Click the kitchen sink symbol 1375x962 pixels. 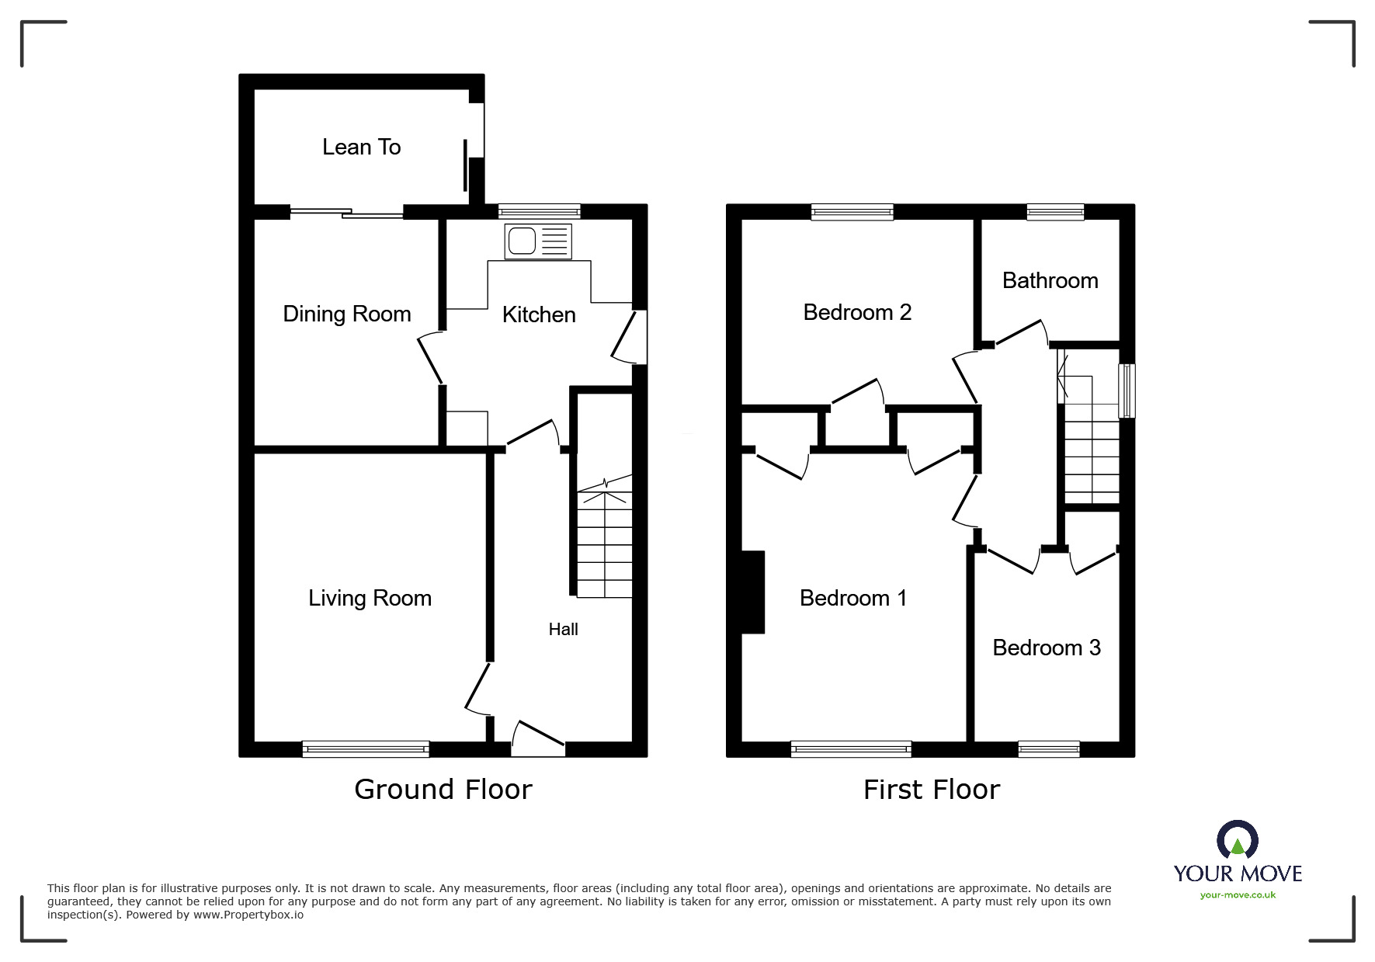click(x=537, y=241)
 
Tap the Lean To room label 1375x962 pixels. click(x=361, y=147)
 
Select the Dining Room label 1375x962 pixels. click(x=346, y=314)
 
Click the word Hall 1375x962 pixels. click(x=563, y=629)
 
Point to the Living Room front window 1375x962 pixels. click(x=365, y=748)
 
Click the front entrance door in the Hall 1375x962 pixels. click(x=538, y=738)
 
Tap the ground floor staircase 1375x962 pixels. click(x=604, y=544)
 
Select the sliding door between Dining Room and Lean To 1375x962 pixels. click(x=347, y=211)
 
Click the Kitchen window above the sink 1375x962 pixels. click(x=539, y=211)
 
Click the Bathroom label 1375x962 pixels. click(x=1050, y=280)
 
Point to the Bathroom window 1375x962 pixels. click(x=1055, y=211)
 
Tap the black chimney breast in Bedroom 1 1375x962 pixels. click(x=753, y=592)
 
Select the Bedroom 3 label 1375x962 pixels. click(x=1046, y=648)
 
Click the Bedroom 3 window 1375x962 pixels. click(x=1048, y=748)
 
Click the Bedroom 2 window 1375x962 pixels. click(x=852, y=211)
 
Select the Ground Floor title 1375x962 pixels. click(x=443, y=789)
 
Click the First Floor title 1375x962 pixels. click(x=931, y=790)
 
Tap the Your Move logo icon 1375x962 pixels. click(x=1237, y=840)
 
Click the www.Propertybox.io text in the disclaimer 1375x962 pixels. click(x=248, y=915)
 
